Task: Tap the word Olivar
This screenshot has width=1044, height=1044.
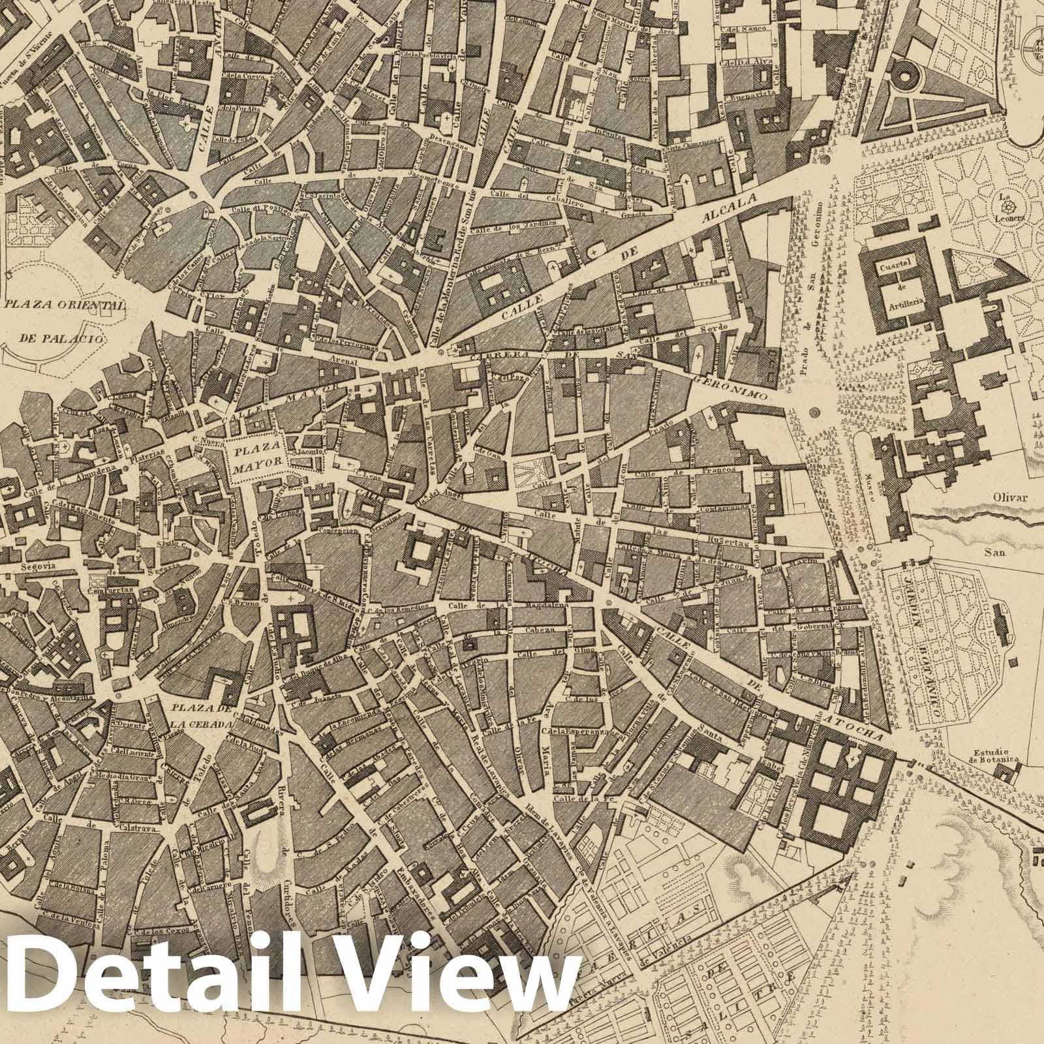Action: point(1011,498)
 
